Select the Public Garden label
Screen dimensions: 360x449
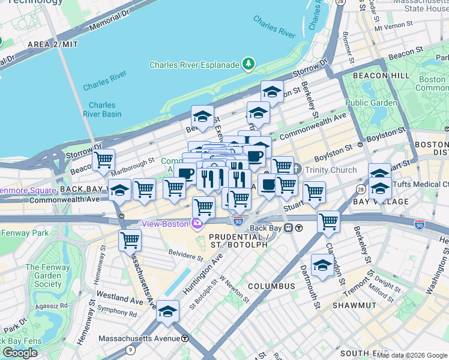[x=371, y=103]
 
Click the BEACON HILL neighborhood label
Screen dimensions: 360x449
[x=381, y=76]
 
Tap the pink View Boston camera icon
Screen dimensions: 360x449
[x=197, y=224]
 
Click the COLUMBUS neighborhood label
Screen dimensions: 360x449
[x=271, y=286]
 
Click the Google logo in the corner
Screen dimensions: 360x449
[x=20, y=353]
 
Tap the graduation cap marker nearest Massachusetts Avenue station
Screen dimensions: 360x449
[x=167, y=312]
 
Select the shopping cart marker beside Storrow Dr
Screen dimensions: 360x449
[x=104, y=160]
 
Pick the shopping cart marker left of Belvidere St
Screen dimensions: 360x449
[x=130, y=241]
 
